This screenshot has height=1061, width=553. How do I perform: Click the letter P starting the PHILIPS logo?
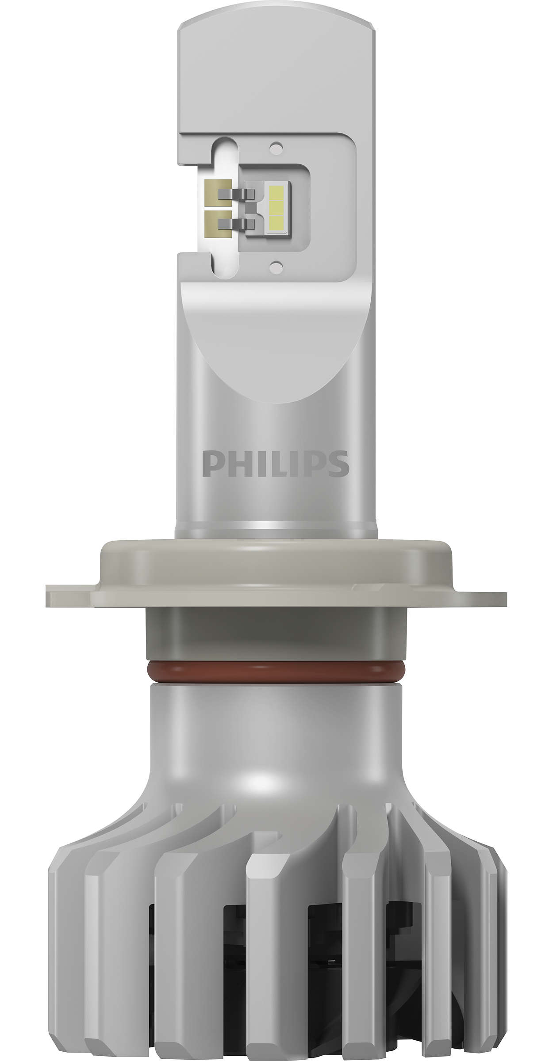pos(211,464)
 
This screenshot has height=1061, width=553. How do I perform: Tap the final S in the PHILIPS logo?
pos(338,464)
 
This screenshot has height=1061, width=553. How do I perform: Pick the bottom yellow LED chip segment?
pos(276,222)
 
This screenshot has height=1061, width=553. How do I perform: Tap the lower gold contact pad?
pos(218,224)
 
